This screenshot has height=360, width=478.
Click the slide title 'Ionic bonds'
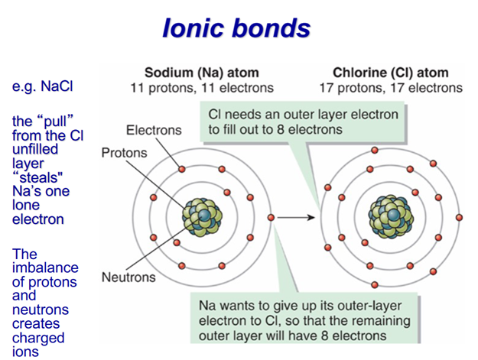point(236,28)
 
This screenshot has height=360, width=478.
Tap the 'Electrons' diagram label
point(154,131)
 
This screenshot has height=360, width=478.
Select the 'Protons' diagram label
point(124,153)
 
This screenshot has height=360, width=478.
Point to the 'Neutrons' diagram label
point(128,277)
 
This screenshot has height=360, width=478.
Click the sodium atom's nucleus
point(203,216)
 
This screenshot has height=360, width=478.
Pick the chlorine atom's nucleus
point(391,216)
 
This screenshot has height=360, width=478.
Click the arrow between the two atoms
point(296,218)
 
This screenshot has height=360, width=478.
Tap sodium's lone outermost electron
point(271,218)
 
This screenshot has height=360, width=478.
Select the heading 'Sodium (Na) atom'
point(202,73)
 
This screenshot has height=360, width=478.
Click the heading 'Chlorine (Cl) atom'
point(391,73)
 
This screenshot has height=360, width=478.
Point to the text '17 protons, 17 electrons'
point(391,88)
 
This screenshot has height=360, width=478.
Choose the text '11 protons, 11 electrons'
point(202,88)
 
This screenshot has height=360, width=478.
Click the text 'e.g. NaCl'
point(42,86)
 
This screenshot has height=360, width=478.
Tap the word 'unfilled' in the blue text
point(35,149)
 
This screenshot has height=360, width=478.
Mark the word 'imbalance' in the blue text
point(45,268)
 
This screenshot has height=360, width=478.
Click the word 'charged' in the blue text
point(38,339)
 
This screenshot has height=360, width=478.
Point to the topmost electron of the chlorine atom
point(375,150)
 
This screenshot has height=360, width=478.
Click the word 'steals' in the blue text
point(38,177)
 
